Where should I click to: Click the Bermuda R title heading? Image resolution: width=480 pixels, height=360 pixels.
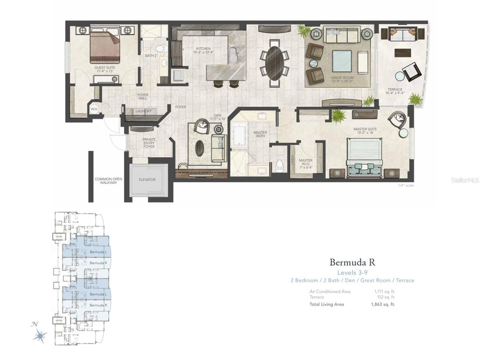352,262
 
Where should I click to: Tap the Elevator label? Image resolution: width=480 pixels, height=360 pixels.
147,179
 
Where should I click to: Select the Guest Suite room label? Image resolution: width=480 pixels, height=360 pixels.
103,68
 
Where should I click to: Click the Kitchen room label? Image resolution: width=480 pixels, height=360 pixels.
204,51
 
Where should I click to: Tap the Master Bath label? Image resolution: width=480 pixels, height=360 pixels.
260,135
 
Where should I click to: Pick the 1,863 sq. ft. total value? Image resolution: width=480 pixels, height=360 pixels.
383,305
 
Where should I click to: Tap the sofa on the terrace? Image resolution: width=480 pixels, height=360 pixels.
403,35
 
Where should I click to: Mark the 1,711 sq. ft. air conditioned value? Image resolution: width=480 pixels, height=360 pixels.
384,291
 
